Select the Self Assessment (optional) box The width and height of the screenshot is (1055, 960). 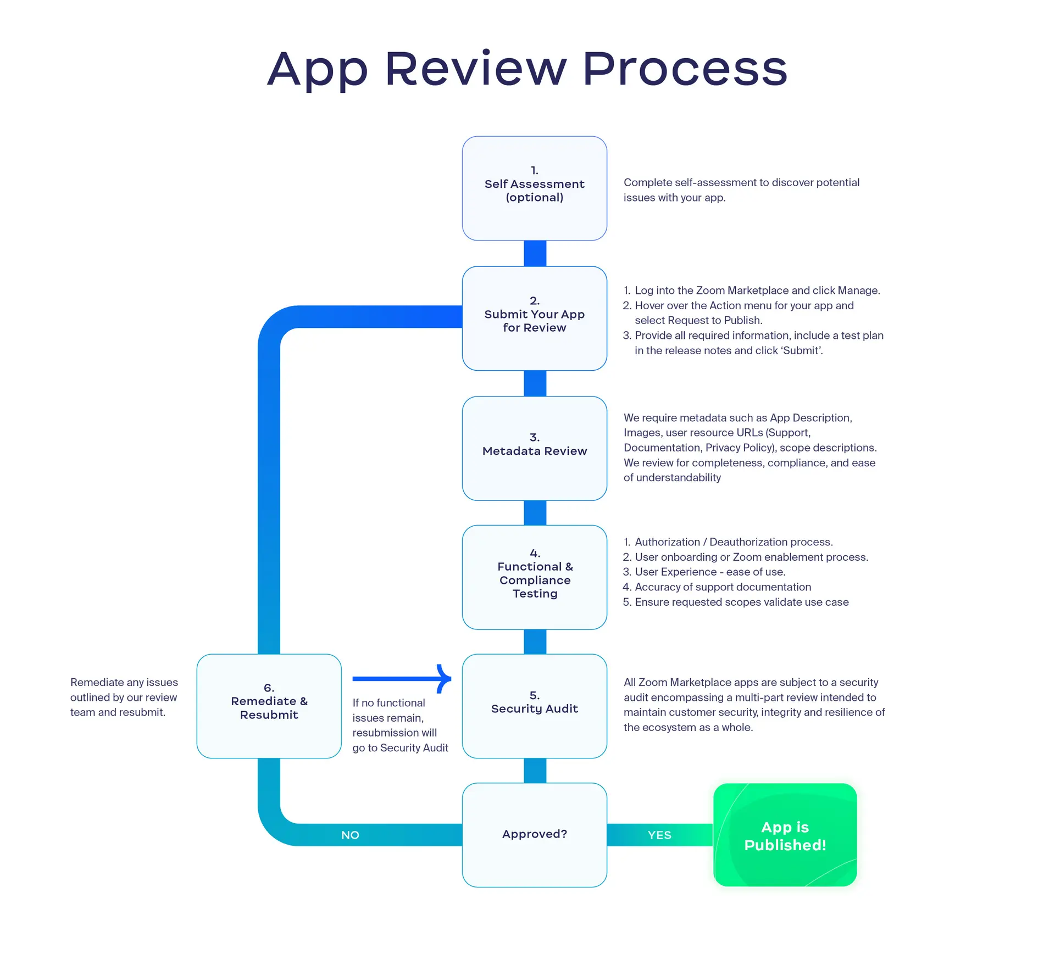pyautogui.click(x=534, y=188)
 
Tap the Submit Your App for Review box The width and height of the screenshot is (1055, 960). pyautogui.click(x=534, y=318)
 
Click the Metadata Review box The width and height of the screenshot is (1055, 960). pyautogui.click(x=534, y=448)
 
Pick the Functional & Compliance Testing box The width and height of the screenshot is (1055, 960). pyautogui.click(x=534, y=577)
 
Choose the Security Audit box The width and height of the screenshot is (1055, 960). pyautogui.click(x=534, y=706)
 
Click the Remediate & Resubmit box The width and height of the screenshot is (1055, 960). pyautogui.click(x=269, y=706)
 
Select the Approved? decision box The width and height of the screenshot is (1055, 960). pyautogui.click(x=534, y=834)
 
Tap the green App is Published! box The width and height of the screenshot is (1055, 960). pyautogui.click(x=785, y=835)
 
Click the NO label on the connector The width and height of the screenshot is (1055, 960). pyautogui.click(x=350, y=835)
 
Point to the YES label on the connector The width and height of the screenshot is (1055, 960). pyautogui.click(x=659, y=835)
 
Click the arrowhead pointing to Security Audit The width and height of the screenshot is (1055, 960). pyautogui.click(x=444, y=679)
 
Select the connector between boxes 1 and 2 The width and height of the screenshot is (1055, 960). pyautogui.click(x=535, y=253)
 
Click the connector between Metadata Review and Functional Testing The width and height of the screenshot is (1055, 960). pyautogui.click(x=535, y=512)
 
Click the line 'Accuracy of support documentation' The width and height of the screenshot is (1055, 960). pyautogui.click(x=723, y=587)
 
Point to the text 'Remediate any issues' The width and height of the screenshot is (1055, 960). pyautogui.click(x=124, y=682)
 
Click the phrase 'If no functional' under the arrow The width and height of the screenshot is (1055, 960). pyautogui.click(x=388, y=703)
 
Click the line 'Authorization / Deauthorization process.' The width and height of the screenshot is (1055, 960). pyautogui.click(x=734, y=542)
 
